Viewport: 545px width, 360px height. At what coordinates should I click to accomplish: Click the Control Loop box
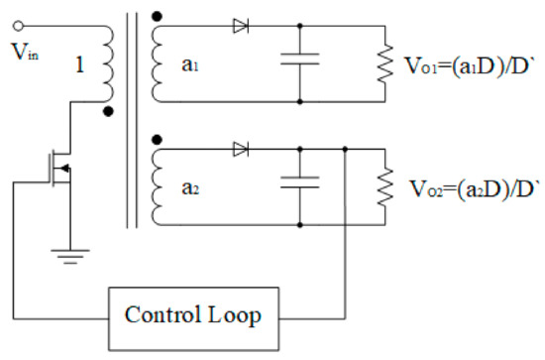tap(192, 316)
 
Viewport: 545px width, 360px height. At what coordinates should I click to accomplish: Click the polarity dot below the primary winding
tap(108, 112)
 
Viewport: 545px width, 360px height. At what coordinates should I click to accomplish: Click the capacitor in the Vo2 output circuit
tap(299, 183)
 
